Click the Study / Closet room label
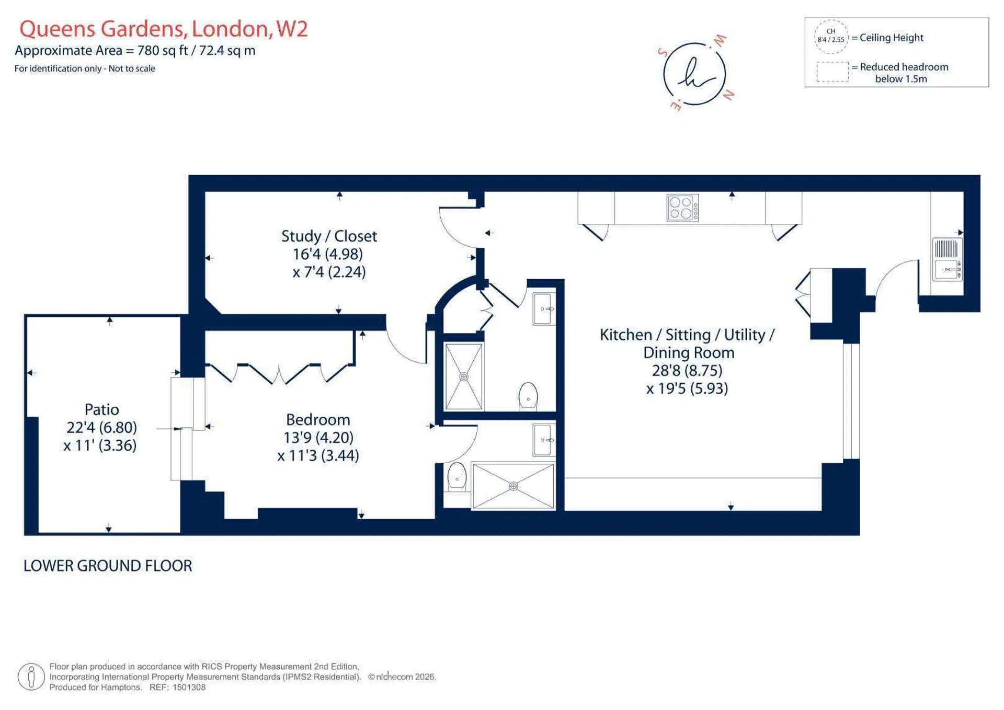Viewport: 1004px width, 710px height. point(329,236)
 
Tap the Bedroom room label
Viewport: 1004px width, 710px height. point(318,419)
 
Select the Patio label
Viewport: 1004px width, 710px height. point(101,409)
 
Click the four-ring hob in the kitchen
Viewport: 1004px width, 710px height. point(682,208)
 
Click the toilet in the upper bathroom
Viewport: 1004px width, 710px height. point(528,396)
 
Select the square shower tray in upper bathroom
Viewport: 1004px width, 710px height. point(464,376)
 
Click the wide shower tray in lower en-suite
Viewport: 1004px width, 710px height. point(513,486)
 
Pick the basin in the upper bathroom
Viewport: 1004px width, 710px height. point(544,309)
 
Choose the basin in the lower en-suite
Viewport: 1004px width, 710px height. point(544,440)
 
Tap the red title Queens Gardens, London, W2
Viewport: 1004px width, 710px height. point(164,29)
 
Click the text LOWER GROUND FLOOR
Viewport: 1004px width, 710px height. point(108,566)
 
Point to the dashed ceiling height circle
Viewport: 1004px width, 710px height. point(831,37)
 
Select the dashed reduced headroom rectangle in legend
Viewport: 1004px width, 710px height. point(832,72)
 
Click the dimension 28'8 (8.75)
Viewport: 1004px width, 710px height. point(687,371)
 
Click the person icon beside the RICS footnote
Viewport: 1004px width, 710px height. point(31,677)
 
